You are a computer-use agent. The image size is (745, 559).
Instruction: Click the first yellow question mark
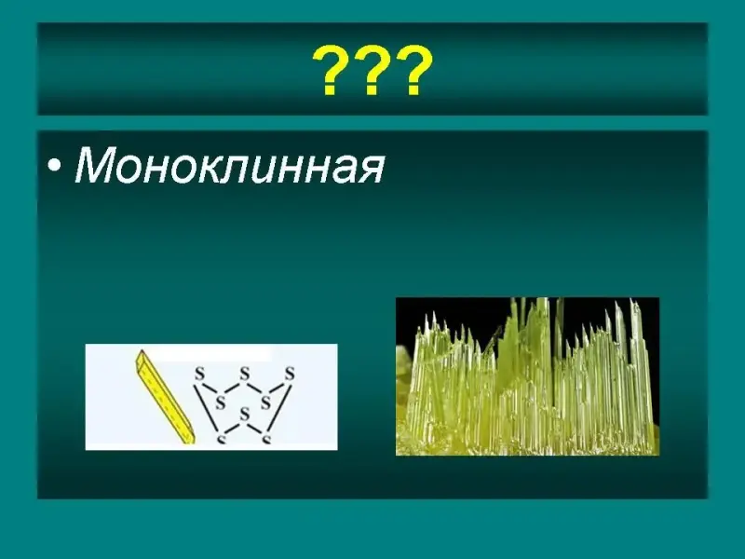[x=332, y=70]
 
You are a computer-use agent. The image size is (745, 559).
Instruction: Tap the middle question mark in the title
[x=373, y=70]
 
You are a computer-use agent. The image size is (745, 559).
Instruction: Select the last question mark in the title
[x=413, y=70]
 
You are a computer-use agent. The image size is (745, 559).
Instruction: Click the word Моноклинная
[x=229, y=165]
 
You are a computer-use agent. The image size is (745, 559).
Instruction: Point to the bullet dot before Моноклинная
[x=55, y=166]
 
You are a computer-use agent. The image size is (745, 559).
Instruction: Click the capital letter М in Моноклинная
[x=95, y=165]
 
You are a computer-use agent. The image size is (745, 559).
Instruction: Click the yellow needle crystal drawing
[x=164, y=397]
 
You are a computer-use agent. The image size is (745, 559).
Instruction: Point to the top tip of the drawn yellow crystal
[x=142, y=351]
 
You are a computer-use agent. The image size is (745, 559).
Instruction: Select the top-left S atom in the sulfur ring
[x=199, y=374]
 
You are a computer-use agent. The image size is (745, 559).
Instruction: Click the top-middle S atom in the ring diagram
[x=245, y=374]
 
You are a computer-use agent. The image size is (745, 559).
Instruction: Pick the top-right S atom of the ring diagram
[x=290, y=374]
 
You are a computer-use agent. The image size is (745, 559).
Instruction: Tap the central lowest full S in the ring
[x=245, y=414]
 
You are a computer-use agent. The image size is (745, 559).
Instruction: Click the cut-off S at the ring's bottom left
[x=221, y=439]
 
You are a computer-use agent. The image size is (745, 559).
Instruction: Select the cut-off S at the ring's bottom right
[x=266, y=439]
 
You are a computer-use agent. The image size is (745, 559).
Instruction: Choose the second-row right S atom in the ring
[x=265, y=403]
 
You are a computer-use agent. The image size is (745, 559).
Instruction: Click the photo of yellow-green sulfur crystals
[x=527, y=376]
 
